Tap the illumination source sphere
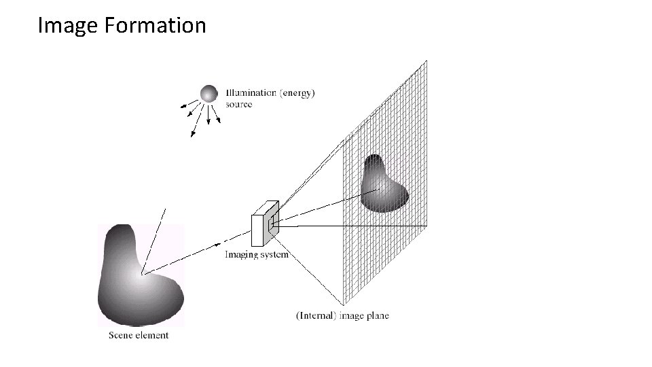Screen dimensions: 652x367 coord(209,94)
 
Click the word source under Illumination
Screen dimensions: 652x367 coord(239,105)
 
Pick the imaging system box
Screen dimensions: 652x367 coord(264,225)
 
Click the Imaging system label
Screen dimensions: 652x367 coord(257,255)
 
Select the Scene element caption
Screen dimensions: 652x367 coord(139,335)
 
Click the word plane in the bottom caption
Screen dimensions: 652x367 coord(377,315)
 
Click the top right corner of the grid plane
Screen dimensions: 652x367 coord(427,60)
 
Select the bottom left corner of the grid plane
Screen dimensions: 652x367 coord(343,304)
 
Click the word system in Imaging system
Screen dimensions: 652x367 coord(274,255)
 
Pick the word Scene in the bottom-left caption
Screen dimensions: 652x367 coord(120,335)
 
